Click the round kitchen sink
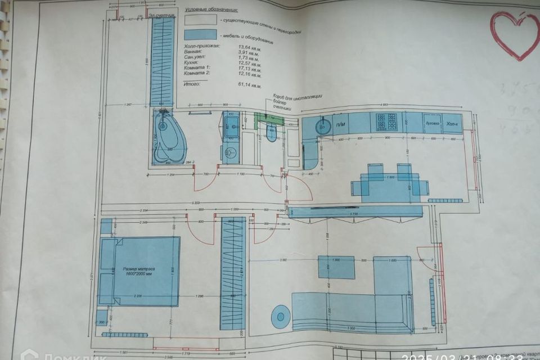point(324,124)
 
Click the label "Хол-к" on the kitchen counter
point(452,123)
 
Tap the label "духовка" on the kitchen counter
point(432,123)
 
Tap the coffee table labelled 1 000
point(336,267)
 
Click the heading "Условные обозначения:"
point(210,10)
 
